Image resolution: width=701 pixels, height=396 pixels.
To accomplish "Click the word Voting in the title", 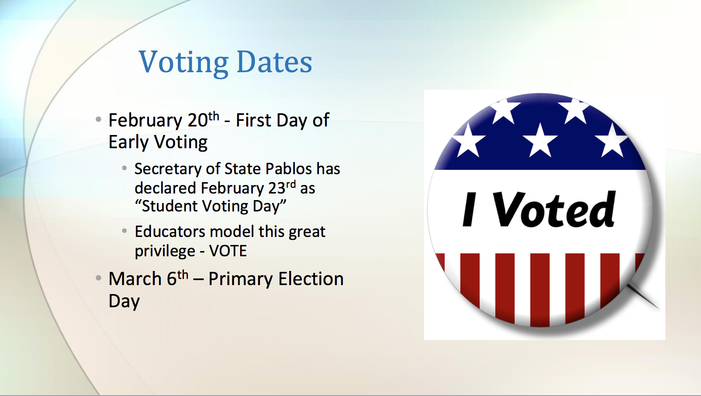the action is pos(184,62).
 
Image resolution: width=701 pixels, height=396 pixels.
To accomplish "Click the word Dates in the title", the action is pos(275,62).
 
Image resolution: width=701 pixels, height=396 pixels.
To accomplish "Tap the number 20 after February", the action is pos(198,120).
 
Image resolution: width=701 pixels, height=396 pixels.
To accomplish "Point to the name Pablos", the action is pos(289,169).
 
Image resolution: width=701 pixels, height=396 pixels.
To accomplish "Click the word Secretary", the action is pos(168,169).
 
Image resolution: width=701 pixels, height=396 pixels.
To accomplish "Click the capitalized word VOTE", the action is pos(228,251).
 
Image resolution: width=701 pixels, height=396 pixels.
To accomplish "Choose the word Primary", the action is pos(240,279).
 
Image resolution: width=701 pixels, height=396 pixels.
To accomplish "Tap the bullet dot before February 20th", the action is pos(99,119).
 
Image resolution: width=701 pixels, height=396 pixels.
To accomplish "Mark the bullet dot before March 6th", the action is pos(99,278).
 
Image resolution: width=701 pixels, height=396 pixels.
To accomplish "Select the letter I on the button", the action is pos(469,209).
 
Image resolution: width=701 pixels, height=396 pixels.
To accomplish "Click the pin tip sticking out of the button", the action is pos(657,308).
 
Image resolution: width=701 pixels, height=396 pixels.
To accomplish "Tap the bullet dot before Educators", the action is pos(125,231).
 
